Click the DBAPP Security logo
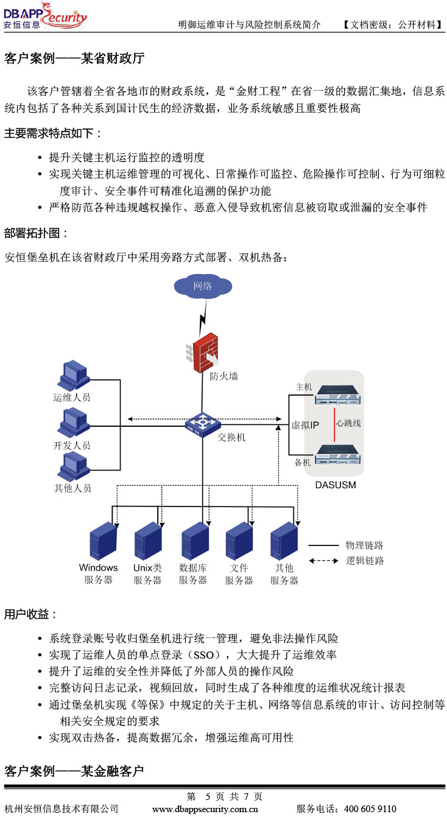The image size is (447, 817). (x=44, y=15)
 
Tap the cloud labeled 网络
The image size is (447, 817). (x=202, y=286)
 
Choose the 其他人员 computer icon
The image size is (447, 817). (x=72, y=465)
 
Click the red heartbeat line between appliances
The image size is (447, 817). (x=335, y=426)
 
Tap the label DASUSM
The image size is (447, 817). (x=336, y=485)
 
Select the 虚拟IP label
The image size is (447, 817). (x=305, y=425)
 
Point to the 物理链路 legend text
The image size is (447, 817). (x=364, y=545)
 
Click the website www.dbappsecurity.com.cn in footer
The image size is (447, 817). (x=205, y=809)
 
